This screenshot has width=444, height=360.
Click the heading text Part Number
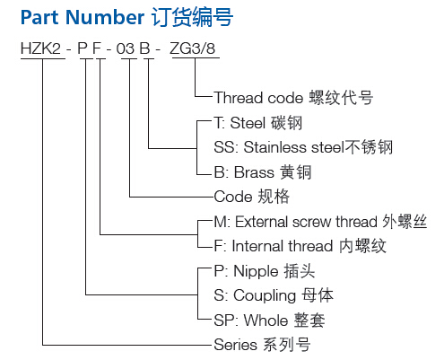[83, 17]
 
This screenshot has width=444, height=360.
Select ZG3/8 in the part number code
[193, 48]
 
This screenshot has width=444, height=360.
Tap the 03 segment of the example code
[126, 48]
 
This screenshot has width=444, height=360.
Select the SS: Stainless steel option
[303, 147]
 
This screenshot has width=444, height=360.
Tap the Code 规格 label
[252, 197]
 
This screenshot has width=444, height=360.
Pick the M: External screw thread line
[320, 222]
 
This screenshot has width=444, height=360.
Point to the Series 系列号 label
[262, 345]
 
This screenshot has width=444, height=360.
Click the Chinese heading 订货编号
[192, 17]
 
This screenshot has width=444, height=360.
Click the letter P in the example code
[83, 48]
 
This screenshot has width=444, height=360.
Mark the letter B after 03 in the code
[145, 48]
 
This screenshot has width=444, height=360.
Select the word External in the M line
[262, 222]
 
